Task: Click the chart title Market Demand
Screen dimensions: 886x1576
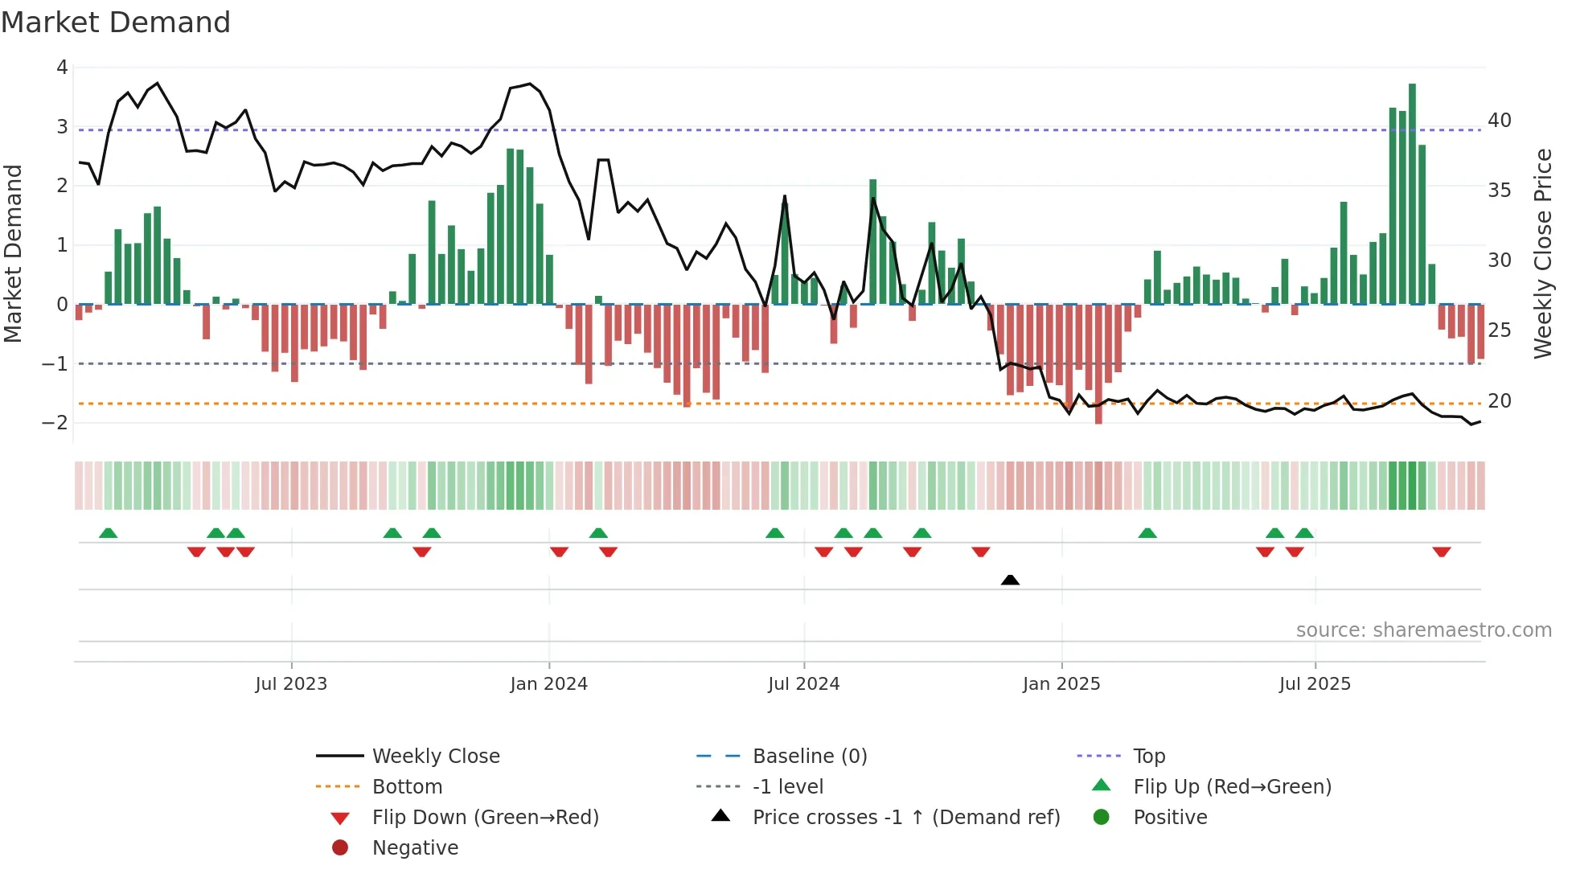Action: [x=116, y=23]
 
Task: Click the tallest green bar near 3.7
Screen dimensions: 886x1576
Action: [x=1412, y=193]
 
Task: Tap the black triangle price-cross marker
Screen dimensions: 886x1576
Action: [x=1010, y=580]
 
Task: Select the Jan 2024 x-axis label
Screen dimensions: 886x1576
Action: [x=548, y=684]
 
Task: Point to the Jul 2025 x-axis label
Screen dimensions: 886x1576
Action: [x=1315, y=684]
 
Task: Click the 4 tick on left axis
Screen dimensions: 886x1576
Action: [x=62, y=68]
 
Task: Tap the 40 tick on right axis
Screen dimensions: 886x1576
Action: [x=1499, y=121]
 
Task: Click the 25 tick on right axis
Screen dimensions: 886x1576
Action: [x=1499, y=330]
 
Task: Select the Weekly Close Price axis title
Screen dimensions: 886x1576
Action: [x=1542, y=253]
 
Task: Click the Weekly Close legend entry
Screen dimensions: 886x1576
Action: [x=435, y=757]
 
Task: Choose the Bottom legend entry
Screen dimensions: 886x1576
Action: [x=407, y=787]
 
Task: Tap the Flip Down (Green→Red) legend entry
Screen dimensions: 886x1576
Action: [x=485, y=818]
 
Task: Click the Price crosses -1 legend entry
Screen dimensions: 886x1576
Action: [x=905, y=818]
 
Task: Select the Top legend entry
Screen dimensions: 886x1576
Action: [x=1148, y=757]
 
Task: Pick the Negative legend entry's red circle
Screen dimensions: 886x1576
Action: [x=340, y=848]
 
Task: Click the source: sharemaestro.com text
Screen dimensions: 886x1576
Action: [x=1423, y=630]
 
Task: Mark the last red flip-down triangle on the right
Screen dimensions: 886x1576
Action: [x=1441, y=552]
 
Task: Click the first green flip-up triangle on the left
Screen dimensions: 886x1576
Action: [x=108, y=533]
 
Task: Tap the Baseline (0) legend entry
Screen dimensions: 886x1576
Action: [x=809, y=757]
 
